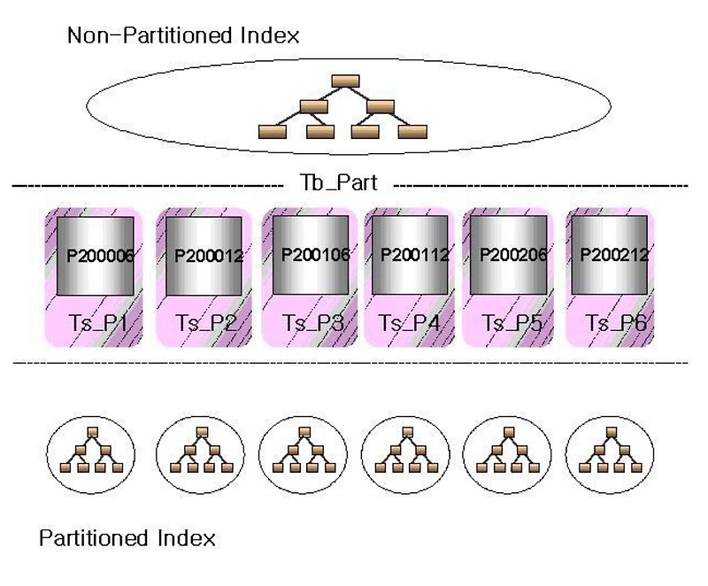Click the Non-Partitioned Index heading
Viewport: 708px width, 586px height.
(183, 36)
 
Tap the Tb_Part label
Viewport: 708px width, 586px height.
(340, 184)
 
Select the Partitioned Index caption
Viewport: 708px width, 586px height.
(127, 537)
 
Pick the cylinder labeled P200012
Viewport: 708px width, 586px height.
(202, 256)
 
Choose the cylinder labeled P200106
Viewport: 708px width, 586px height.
(311, 254)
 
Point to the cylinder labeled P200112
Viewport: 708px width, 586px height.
(410, 254)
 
